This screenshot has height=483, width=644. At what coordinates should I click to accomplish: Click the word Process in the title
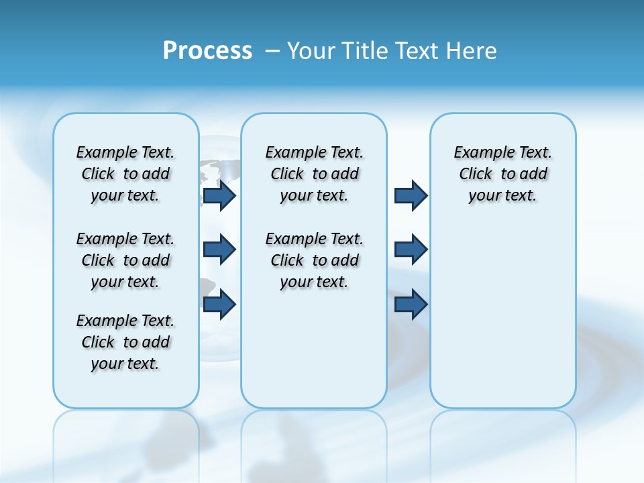tap(207, 50)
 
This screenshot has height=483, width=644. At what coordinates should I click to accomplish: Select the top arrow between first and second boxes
tap(219, 195)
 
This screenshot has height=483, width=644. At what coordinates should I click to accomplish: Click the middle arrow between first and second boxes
tap(219, 250)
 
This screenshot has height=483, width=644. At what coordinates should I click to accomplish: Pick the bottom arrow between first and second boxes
tap(219, 305)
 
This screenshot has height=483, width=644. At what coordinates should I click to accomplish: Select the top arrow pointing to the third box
tap(411, 195)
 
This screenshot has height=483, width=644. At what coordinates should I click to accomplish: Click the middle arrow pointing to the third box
tap(411, 250)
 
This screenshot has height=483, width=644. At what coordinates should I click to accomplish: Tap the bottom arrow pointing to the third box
tap(411, 305)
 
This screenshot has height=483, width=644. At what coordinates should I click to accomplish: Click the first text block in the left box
tap(125, 174)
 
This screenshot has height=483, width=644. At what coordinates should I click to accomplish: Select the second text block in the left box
tap(125, 260)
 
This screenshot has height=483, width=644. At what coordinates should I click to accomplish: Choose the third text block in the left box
tap(125, 342)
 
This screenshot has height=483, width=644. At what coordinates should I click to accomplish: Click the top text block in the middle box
tap(314, 174)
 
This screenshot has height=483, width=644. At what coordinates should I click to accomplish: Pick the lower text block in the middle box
tap(314, 260)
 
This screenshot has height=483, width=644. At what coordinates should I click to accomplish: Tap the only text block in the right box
tap(502, 174)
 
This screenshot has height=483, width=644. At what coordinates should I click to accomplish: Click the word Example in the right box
tap(478, 152)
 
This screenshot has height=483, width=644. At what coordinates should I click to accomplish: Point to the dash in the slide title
tap(272, 50)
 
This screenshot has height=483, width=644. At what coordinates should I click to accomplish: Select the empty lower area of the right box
tap(502, 315)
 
